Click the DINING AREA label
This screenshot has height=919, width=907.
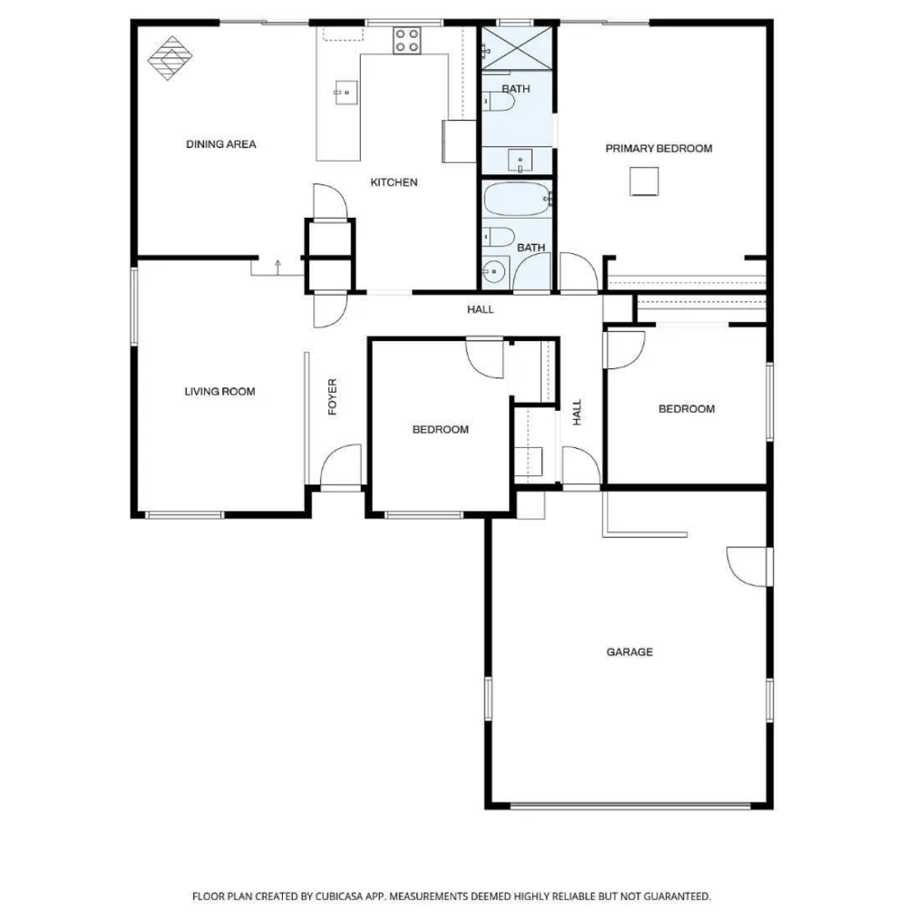point(221,144)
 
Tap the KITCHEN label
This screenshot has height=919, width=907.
point(394,182)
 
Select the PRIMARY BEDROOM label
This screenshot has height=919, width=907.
point(658,149)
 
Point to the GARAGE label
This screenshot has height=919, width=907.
point(629,651)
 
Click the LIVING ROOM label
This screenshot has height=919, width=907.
point(219,392)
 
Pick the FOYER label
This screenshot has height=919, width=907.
point(332,396)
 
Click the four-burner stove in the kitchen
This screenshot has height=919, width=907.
point(407,41)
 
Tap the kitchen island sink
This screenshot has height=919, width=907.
point(346,93)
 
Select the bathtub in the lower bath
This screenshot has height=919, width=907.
point(517,200)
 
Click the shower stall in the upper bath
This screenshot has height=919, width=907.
point(516,49)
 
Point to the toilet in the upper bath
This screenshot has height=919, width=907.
point(499,102)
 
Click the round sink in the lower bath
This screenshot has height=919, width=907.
point(494,271)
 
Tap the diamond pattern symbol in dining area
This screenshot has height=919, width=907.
point(170,58)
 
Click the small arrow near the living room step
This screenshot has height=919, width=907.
point(278,268)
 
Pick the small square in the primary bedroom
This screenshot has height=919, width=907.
point(644,181)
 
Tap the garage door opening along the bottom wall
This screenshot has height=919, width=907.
point(630,806)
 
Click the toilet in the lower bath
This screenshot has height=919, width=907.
point(499,237)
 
